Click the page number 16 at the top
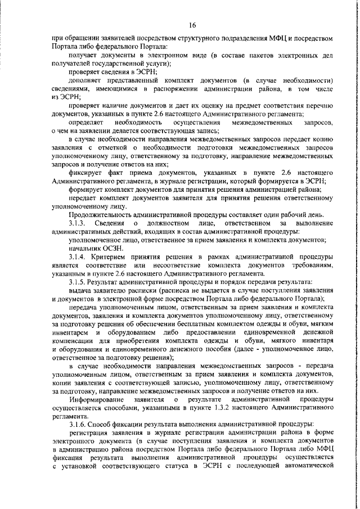[x=192, y=25]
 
